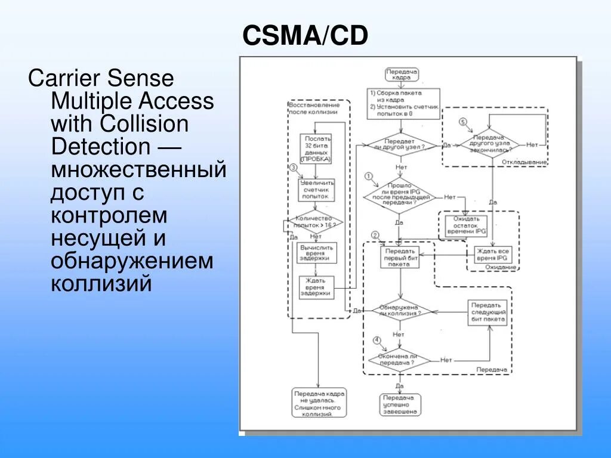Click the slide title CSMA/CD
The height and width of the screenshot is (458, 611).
pos(305,36)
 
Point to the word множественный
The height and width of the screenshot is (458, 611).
pos(138,170)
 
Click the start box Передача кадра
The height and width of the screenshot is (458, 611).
pos(401,75)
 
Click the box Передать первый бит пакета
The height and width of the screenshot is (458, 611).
pos(400,257)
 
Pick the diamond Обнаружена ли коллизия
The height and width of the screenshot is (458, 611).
pos(400,310)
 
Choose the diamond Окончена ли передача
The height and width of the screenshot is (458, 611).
pos(399,359)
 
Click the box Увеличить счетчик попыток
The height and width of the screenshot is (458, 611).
pos(317,190)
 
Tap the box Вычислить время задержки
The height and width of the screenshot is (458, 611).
pos(317,253)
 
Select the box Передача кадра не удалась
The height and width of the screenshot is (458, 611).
pos(319,402)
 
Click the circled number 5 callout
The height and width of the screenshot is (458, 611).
pos(462,122)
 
